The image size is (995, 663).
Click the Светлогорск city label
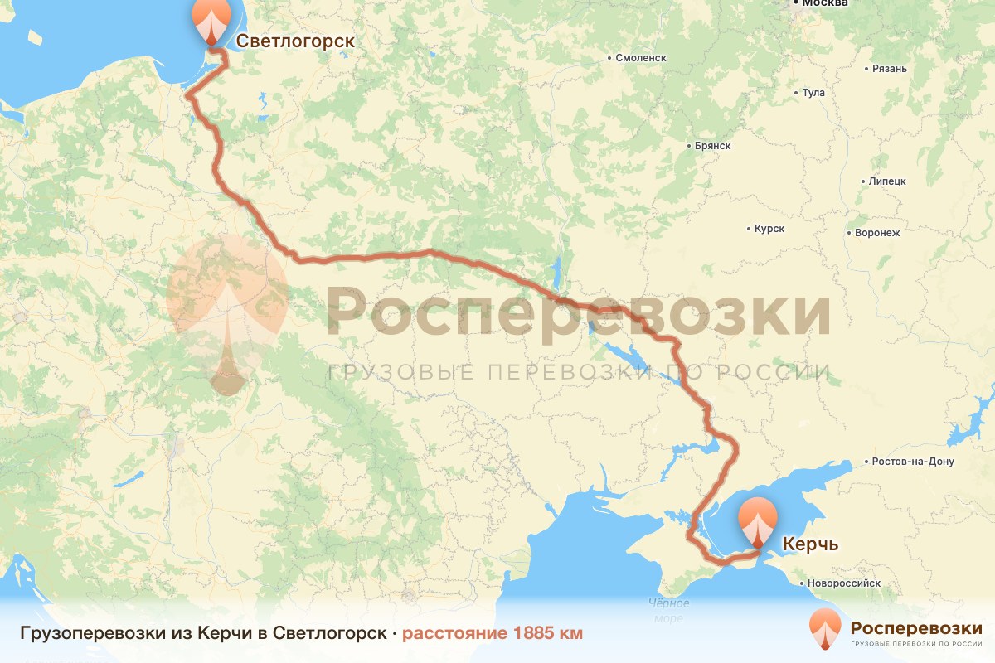coord(295,41)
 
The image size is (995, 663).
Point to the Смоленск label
coord(640,58)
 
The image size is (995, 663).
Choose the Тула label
coord(813,93)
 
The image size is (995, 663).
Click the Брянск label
coord(712,146)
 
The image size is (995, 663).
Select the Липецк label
coord(887,181)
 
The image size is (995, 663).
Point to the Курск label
coord(769,229)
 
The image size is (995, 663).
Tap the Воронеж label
coord(877,233)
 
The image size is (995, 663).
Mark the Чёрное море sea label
coord(668,611)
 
